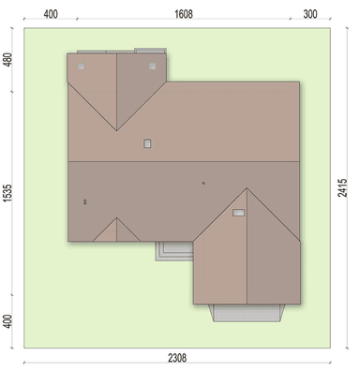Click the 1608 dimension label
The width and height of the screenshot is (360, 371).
[184, 14]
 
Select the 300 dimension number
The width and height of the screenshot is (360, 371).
[310, 14]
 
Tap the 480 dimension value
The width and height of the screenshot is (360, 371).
[7, 60]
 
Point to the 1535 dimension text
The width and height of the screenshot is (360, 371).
[7, 193]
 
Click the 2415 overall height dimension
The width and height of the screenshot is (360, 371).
[342, 187]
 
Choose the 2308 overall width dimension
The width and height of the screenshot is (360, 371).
[177, 358]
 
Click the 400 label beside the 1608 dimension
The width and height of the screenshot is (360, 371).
[51, 14]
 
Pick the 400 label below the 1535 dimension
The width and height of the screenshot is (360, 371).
[7, 321]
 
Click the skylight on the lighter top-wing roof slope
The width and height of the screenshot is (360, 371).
[81, 67]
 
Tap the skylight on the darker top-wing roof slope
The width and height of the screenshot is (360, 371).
[152, 67]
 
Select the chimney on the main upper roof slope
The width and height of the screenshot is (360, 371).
[147, 143]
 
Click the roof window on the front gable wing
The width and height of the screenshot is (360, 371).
[238, 213]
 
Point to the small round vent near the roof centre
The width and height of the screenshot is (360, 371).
[203, 184]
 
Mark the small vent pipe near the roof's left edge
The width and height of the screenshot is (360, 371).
[84, 201]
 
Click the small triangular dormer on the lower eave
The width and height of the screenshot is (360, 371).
[116, 230]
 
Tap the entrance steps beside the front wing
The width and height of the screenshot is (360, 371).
[174, 251]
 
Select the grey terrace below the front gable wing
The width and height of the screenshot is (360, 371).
[247, 313]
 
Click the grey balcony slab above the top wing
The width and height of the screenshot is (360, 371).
[150, 51]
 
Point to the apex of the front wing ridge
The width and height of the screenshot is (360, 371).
[247, 188]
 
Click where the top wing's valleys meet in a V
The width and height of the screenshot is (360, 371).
[117, 130]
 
